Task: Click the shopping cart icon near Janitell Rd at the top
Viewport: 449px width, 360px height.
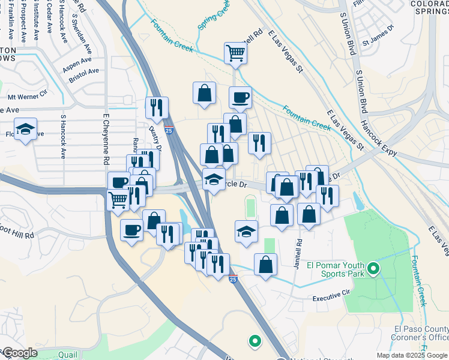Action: (235, 53)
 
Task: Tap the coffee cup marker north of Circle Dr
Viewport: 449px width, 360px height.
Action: (240, 97)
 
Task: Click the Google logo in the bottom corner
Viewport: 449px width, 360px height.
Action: (20, 353)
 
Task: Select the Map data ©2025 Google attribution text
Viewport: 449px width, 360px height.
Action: (411, 355)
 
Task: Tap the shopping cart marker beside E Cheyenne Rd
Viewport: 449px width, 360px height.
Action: (118, 199)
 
